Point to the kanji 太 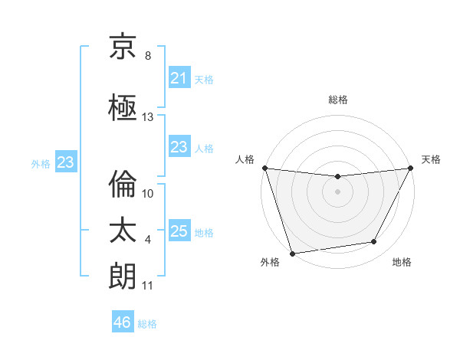click(123, 231)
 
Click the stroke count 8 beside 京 click(148, 56)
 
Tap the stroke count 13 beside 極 click(148, 117)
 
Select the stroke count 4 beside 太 click(148, 240)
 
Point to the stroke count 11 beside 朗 click(148, 286)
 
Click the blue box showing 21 click(179, 78)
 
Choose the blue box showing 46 click(123, 322)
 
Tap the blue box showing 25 click(179, 231)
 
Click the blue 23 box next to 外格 click(65, 162)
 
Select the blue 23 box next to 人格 click(179, 148)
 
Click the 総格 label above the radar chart click(338, 100)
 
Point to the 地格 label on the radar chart click(402, 262)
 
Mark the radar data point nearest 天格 click(411, 168)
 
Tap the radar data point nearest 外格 click(292, 253)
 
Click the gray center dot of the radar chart click(337, 191)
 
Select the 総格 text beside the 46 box click(148, 324)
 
